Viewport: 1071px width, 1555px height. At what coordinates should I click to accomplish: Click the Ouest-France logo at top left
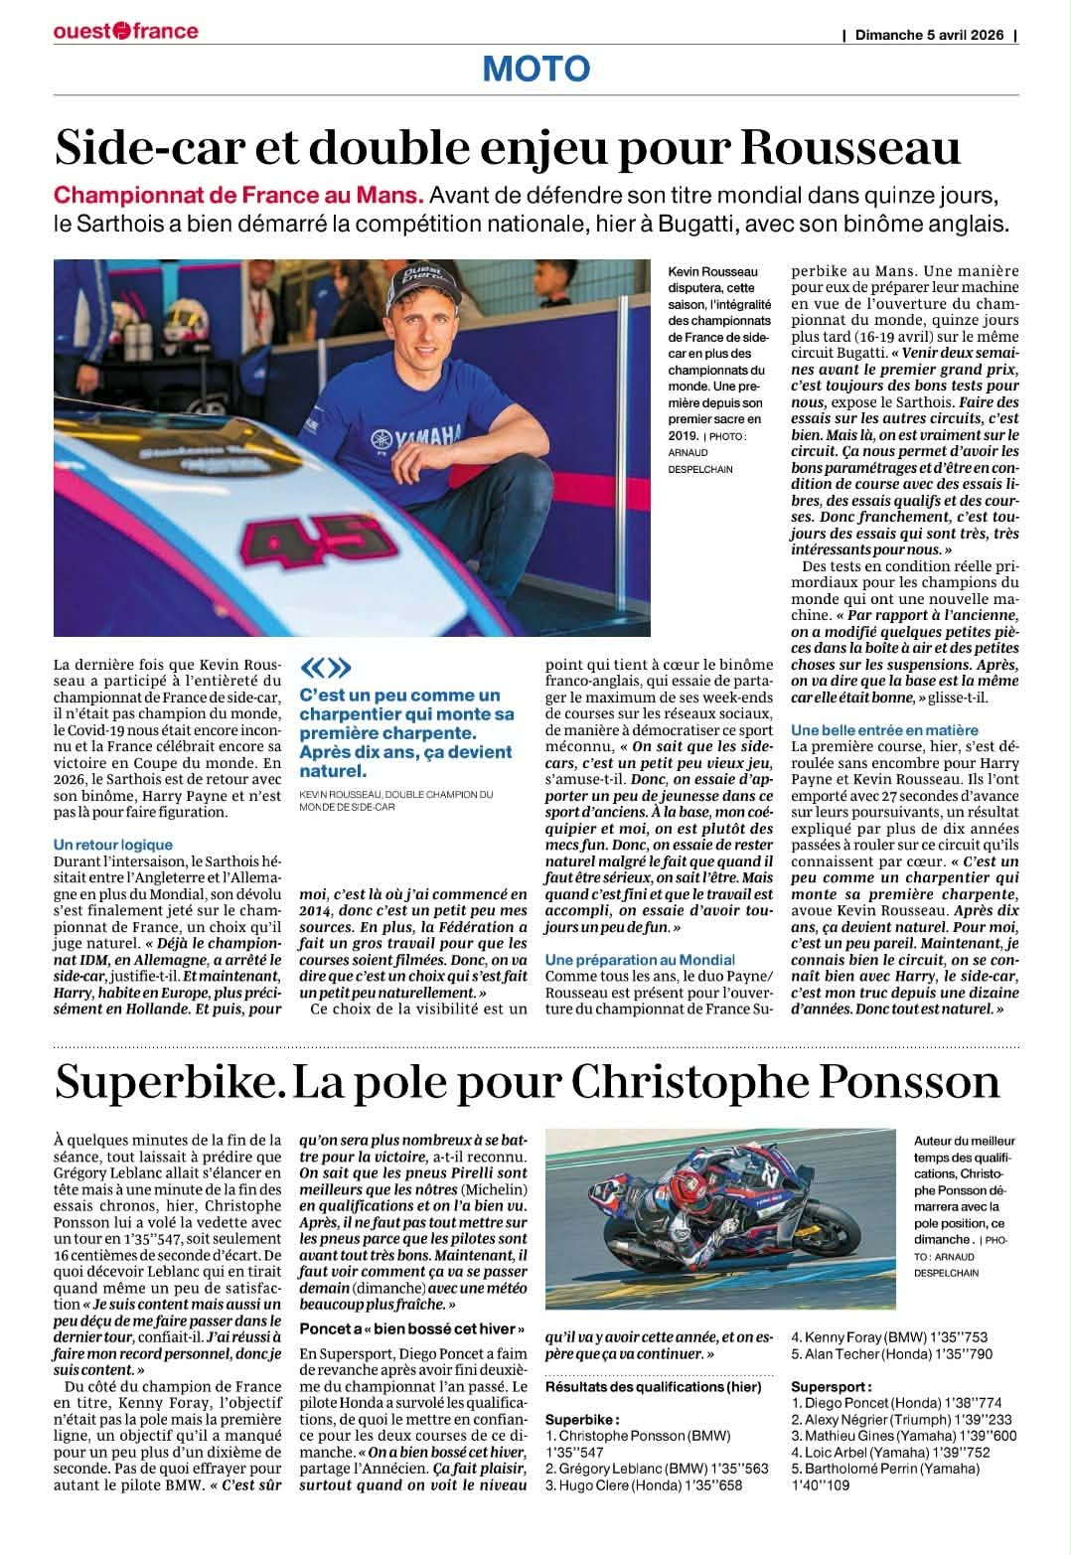coord(126,31)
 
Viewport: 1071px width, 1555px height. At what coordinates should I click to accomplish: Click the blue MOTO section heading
coord(535,70)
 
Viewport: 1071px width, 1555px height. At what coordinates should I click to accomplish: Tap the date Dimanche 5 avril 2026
coord(930,35)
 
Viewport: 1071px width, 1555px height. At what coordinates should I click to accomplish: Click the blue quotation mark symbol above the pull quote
coord(325,667)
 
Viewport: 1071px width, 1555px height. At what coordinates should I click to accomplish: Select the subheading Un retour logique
coord(113,845)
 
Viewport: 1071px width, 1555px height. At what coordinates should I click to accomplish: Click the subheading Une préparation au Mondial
coord(640,960)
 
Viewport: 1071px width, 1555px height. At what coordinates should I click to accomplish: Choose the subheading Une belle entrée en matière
coord(884,730)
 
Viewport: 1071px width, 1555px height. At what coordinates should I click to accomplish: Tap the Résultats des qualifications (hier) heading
coord(654,1386)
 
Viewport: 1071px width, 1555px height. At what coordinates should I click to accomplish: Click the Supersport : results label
coord(832,1386)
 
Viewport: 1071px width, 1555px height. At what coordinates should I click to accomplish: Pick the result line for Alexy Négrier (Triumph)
coord(888,1420)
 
